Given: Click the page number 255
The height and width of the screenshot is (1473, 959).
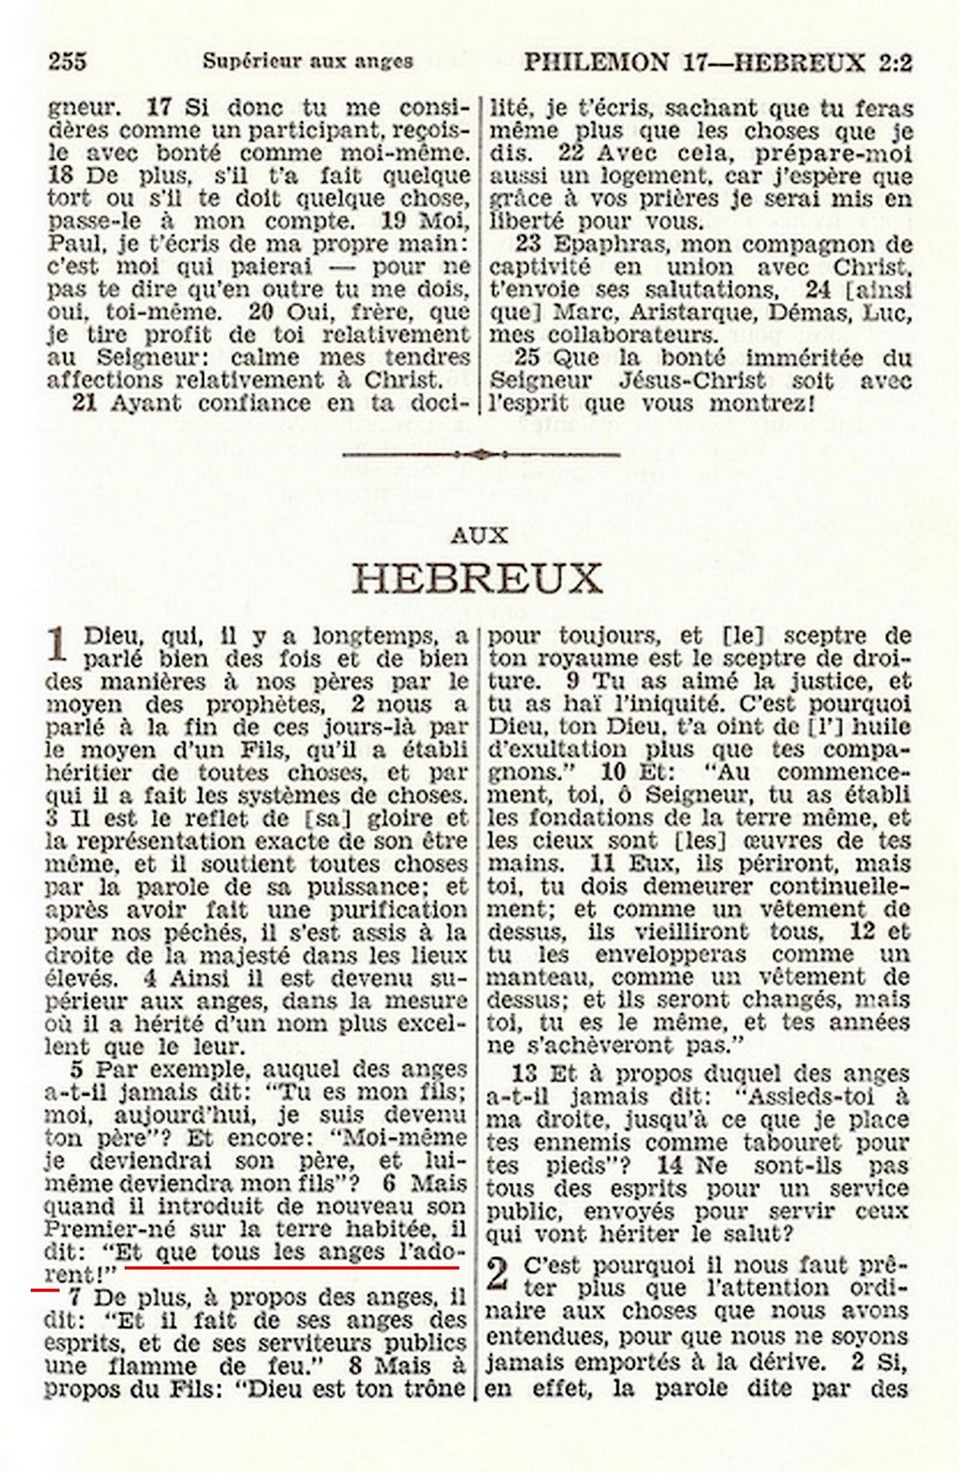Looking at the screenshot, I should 67,62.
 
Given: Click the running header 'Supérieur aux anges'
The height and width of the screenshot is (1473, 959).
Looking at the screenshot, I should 308,62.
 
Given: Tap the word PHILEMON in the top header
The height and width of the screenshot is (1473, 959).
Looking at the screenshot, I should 591,62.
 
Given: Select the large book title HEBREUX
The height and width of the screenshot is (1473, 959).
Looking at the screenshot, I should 477,579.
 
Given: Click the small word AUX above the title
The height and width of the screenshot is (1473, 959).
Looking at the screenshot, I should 479,535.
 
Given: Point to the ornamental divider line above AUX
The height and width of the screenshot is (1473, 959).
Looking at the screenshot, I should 480,455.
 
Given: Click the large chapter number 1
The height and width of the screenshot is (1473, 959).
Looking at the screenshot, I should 58,646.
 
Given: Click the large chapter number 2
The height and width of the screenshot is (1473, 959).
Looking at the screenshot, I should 498,1276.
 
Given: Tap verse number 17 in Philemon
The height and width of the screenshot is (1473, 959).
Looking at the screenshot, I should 160,107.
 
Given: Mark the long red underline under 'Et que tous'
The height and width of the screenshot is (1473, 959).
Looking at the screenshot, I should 292,1267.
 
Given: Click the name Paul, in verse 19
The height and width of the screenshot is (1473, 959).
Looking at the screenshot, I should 70,242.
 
